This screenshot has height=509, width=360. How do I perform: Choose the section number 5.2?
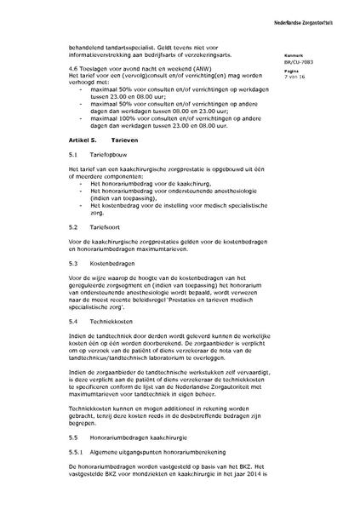pos(73,227)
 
